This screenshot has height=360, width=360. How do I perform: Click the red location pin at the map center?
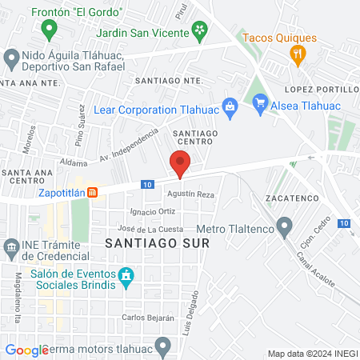(x=180, y=165)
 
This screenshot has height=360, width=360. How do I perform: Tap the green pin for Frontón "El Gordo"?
(x=49, y=30)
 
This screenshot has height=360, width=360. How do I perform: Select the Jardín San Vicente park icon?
(x=199, y=32)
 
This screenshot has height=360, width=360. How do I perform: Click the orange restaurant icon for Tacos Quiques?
(x=298, y=54)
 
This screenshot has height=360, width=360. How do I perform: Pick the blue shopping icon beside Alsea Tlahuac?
(x=259, y=102)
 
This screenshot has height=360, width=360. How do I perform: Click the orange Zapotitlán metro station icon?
(x=93, y=193)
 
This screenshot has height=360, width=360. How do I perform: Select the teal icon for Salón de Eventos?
(x=126, y=278)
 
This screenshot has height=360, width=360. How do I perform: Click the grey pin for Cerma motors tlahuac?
(x=163, y=347)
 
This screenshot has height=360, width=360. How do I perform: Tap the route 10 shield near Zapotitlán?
(x=146, y=184)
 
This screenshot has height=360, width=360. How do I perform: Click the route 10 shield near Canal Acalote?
(x=344, y=223)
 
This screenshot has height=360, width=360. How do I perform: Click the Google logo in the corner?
(x=26, y=350)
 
